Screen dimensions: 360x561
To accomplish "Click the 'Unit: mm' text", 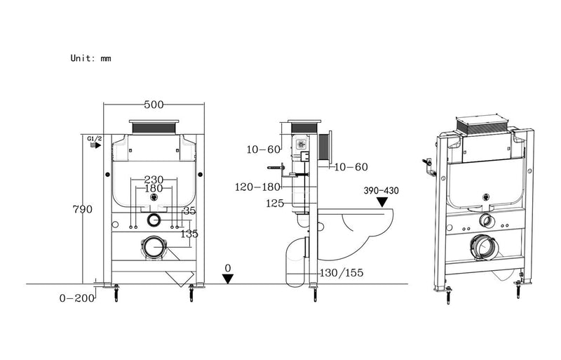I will (x=90, y=58).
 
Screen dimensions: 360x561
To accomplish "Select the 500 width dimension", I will (x=154, y=105).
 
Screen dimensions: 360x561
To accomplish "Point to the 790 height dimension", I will (x=83, y=209).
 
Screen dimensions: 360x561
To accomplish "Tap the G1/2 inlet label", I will (x=95, y=139).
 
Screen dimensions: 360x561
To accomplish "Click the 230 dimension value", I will (x=154, y=180).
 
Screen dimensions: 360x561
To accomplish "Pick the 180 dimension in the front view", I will (x=154, y=189).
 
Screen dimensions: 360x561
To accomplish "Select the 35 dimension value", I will (x=189, y=210).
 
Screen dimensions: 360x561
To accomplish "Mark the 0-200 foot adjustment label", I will (x=76, y=298).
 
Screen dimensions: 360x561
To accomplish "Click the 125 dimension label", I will (x=274, y=204).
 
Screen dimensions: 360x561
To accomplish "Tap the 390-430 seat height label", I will (x=381, y=190).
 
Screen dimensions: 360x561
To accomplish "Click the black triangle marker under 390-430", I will (x=381, y=203).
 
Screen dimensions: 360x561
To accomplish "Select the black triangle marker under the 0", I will (x=228, y=279).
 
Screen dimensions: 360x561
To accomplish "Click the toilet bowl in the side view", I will (x=365, y=226).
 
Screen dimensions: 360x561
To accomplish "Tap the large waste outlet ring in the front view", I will (x=154, y=247).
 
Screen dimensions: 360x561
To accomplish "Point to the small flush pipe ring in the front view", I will (x=154, y=220).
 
